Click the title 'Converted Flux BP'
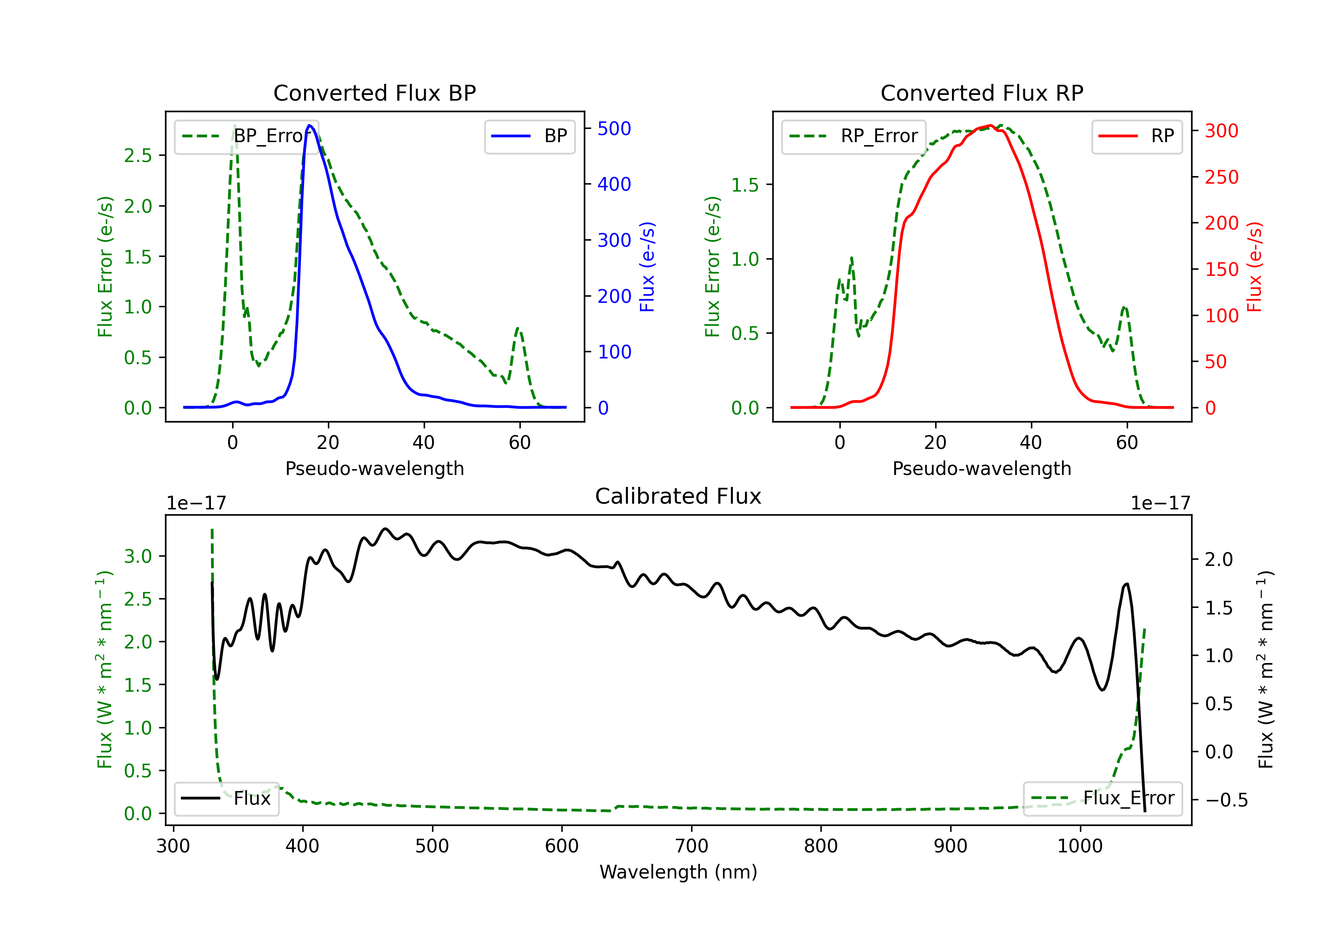(x=374, y=93)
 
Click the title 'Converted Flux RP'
(x=982, y=93)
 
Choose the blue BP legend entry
(x=529, y=136)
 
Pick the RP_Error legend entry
(x=854, y=136)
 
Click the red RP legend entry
(x=1136, y=136)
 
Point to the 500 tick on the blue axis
(x=613, y=128)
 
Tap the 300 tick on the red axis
(x=1221, y=131)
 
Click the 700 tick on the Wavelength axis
(x=692, y=846)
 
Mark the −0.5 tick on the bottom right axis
(x=1226, y=800)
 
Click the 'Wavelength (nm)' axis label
(x=678, y=872)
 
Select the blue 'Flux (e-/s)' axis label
(x=647, y=267)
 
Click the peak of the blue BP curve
(x=310, y=125)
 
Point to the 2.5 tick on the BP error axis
(x=137, y=155)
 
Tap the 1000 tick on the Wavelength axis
(x=1080, y=846)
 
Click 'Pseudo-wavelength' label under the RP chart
(x=982, y=468)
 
